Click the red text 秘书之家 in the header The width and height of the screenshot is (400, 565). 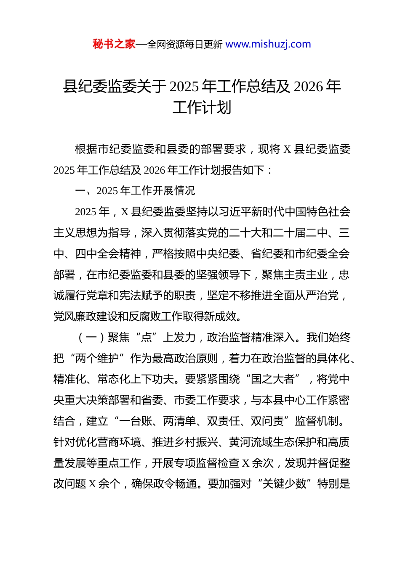click(x=114, y=44)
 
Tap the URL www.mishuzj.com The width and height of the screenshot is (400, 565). click(x=268, y=44)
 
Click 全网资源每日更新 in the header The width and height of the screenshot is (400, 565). click(x=185, y=44)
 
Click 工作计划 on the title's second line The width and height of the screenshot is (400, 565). click(x=202, y=108)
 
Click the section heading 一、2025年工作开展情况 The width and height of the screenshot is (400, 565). click(x=135, y=191)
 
